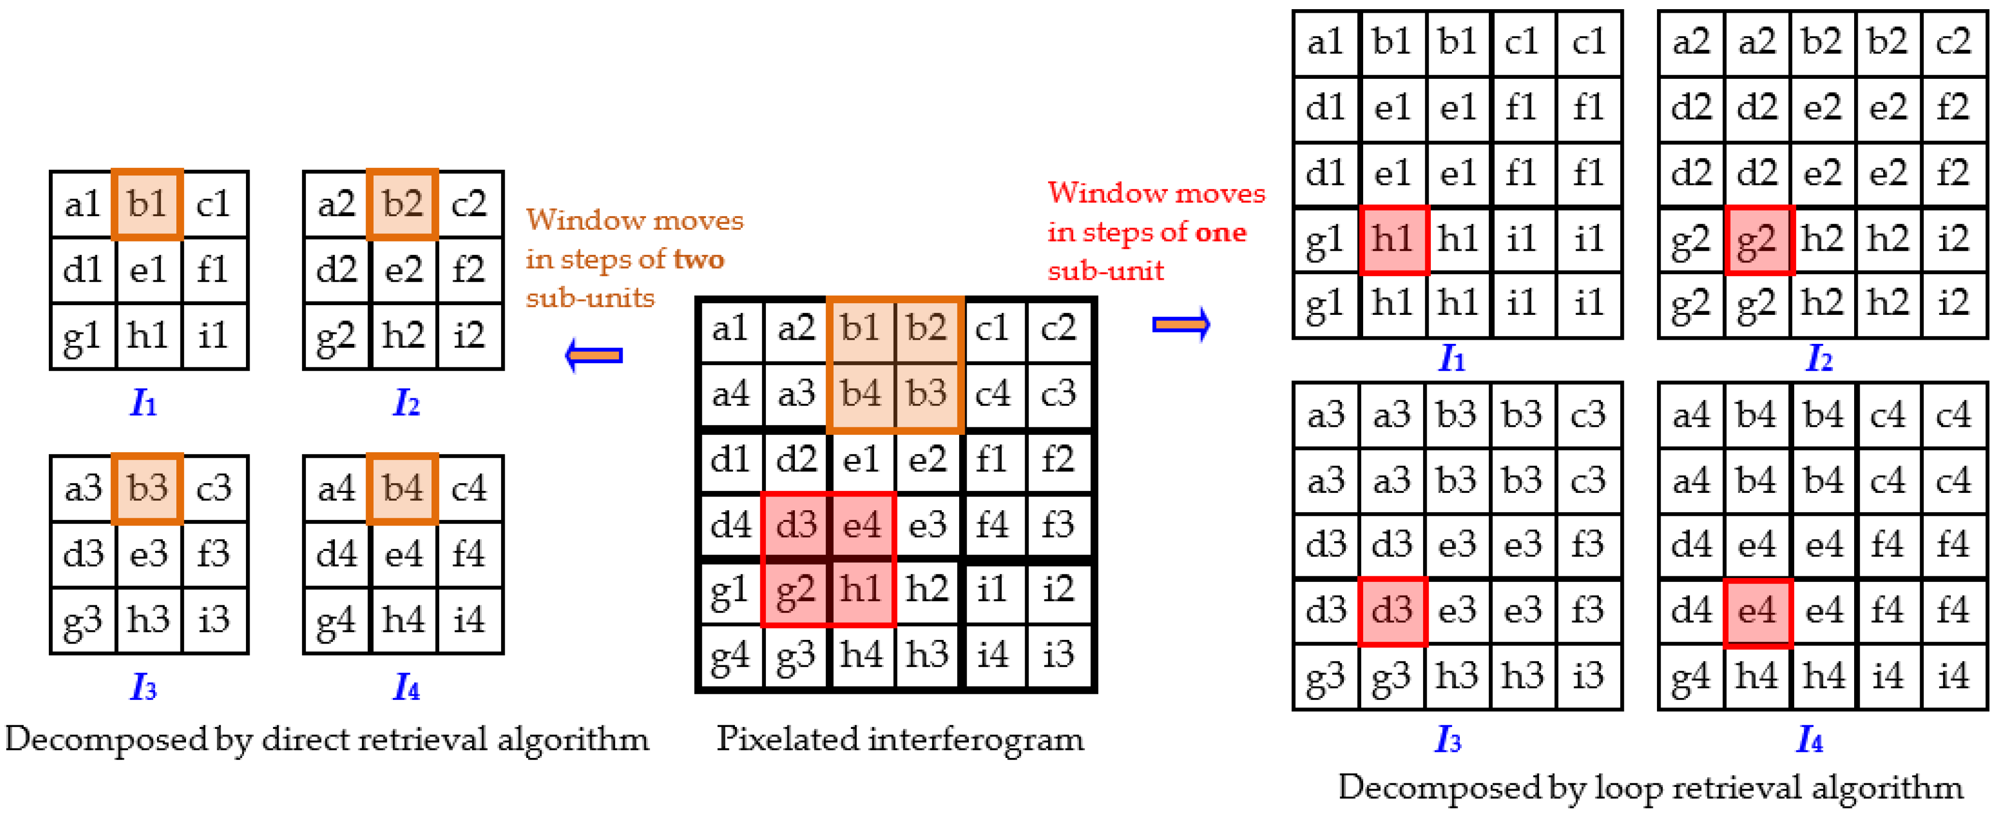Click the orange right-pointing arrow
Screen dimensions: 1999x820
click(x=1180, y=324)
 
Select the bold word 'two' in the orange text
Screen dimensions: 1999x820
click(x=698, y=258)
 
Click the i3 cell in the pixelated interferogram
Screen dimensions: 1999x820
click(x=1059, y=655)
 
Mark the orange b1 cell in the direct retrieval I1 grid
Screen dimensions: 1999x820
click(x=147, y=204)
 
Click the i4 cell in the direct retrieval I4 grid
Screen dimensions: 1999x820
click(x=469, y=620)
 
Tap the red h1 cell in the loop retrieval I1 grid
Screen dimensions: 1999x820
click(x=1393, y=239)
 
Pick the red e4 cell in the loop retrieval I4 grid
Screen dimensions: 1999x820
click(x=1757, y=611)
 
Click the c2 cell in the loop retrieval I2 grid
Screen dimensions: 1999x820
click(x=1953, y=42)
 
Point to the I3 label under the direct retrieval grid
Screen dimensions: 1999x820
click(x=143, y=686)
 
